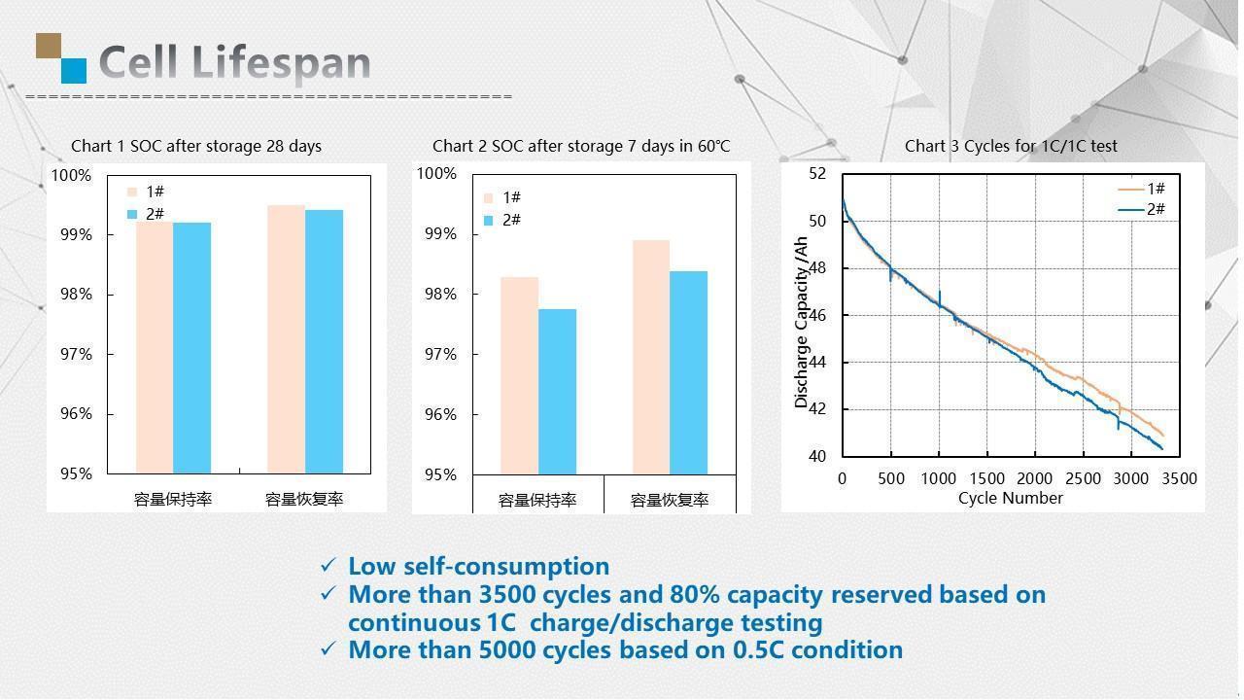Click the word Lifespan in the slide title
click(x=290, y=63)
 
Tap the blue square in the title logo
click(x=74, y=70)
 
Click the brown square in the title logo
click(x=49, y=46)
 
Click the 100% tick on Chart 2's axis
click(x=436, y=173)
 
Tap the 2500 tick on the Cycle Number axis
click(x=1083, y=478)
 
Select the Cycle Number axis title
click(x=1010, y=498)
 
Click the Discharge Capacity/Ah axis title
click(x=802, y=322)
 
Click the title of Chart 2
click(x=581, y=146)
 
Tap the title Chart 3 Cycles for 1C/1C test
click(x=1011, y=146)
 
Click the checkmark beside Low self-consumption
click(x=328, y=565)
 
